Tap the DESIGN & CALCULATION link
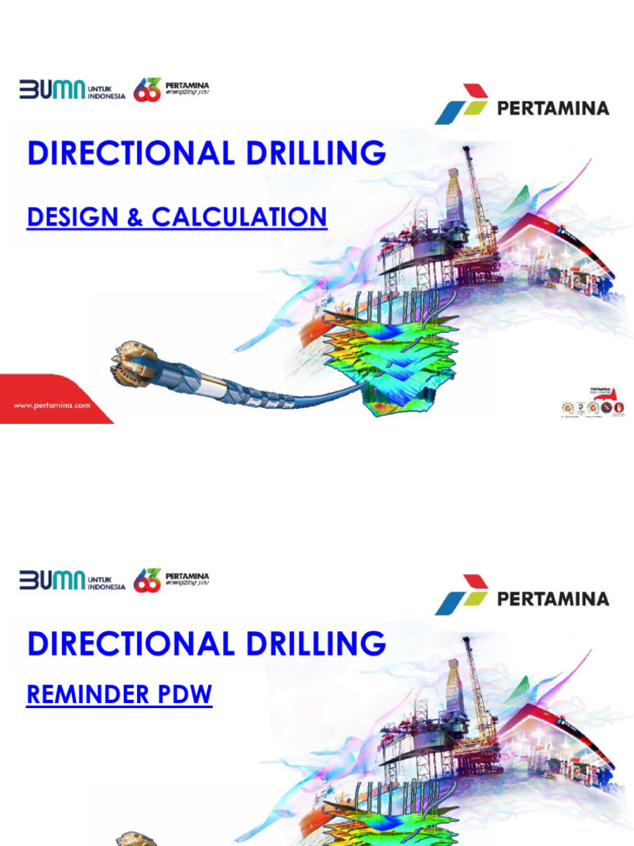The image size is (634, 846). (x=177, y=217)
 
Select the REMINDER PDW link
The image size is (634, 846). (x=119, y=695)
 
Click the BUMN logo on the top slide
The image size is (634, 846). (x=52, y=89)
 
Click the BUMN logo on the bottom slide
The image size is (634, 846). (x=52, y=580)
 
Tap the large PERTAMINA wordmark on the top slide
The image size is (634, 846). (x=553, y=108)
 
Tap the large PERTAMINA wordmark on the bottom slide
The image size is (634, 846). (x=553, y=598)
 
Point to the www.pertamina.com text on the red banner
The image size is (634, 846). (x=52, y=405)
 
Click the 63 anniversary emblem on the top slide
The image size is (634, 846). (x=147, y=90)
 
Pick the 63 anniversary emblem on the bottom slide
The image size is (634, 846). (x=147, y=580)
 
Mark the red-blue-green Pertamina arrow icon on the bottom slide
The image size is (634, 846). (x=462, y=595)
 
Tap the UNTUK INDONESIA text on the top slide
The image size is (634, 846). (x=106, y=90)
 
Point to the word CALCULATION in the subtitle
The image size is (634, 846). (x=239, y=217)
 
